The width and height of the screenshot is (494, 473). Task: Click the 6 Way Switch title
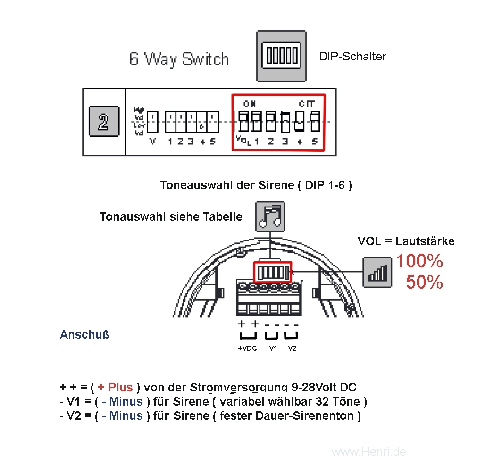point(179,59)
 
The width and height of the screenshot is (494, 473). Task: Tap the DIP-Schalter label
point(352,57)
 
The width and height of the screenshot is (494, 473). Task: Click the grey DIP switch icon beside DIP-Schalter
point(281,56)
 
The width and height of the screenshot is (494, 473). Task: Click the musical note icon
point(270,216)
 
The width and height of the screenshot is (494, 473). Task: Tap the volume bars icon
point(377,272)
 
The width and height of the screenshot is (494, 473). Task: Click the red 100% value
point(419,261)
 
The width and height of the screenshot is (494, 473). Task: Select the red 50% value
point(424,282)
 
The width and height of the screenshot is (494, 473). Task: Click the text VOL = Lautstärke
point(406,241)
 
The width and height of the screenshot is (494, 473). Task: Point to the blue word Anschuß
point(84,335)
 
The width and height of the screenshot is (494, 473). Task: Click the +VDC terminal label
point(247,349)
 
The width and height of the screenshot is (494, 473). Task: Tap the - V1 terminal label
point(271,349)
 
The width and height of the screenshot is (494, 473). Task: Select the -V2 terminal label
point(291,349)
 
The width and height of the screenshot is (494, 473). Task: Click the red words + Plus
point(115,388)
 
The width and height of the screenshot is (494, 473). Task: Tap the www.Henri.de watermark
point(368,452)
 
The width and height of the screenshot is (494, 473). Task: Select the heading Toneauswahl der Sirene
point(256,185)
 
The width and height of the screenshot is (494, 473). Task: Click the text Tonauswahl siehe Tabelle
point(171,216)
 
